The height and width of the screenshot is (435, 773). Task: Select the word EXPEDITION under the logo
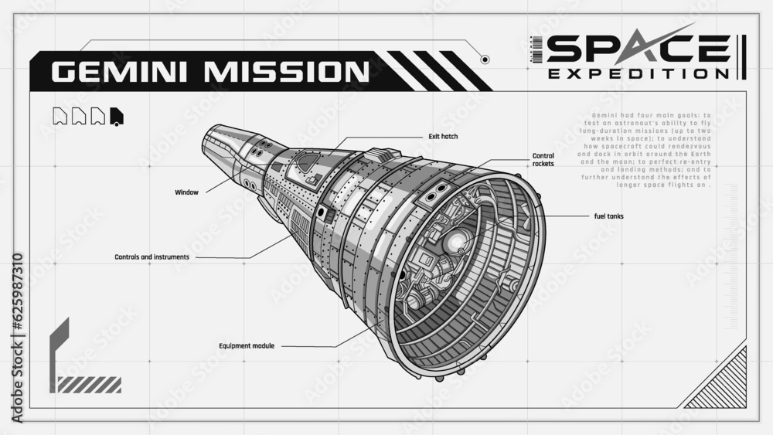click(638, 73)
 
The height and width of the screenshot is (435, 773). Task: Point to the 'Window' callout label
click(186, 192)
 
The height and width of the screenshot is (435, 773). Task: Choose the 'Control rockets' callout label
click(543, 160)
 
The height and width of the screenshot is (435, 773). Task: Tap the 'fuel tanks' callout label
click(608, 216)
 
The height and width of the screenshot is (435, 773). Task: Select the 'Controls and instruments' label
click(152, 257)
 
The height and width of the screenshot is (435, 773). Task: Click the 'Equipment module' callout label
click(246, 345)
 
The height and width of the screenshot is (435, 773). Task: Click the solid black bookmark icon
click(117, 117)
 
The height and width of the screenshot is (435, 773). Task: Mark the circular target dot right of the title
click(485, 59)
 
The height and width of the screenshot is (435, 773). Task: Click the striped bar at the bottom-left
click(90, 384)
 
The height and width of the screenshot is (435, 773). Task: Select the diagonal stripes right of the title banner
click(437, 70)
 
